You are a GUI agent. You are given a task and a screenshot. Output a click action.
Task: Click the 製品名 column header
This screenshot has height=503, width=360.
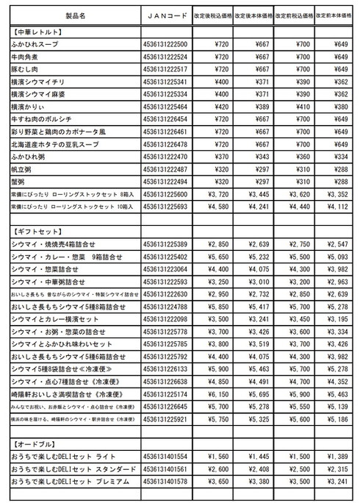[74, 15]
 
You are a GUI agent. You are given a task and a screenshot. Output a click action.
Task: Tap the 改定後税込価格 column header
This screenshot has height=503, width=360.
[214, 15]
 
